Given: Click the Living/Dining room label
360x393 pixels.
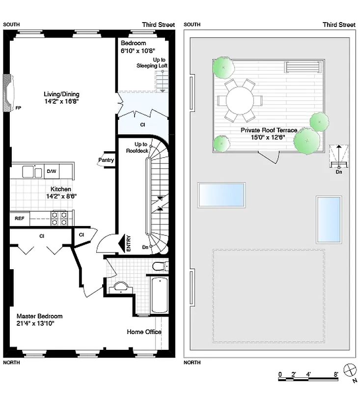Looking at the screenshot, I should click(x=61, y=94).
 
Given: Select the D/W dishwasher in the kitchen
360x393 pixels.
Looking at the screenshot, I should click(x=51, y=171).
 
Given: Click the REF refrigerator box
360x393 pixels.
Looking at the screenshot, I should click(x=20, y=219).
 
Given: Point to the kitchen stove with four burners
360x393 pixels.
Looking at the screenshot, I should click(x=59, y=218).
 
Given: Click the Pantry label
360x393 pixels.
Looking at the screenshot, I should click(x=106, y=160).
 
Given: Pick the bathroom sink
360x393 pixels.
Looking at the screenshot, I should click(x=120, y=287).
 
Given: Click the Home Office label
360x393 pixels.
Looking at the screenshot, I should click(x=144, y=332).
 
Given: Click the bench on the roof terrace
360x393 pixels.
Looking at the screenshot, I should click(x=304, y=67).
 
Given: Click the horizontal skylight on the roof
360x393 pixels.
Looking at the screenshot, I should click(x=221, y=195).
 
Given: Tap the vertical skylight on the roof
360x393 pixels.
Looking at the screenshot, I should click(x=329, y=219).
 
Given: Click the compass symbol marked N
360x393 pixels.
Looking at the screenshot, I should click(x=350, y=369).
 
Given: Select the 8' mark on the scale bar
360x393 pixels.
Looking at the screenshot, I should click(x=336, y=374).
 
